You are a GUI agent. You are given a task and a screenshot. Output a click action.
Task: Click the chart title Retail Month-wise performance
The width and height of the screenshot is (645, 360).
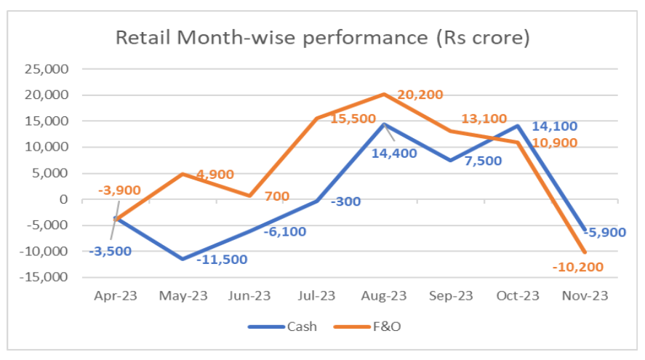(x=322, y=37)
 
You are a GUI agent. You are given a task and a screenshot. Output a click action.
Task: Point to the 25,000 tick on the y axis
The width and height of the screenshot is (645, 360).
(x=47, y=69)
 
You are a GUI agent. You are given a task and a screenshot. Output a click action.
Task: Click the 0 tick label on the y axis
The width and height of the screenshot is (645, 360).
(x=63, y=199)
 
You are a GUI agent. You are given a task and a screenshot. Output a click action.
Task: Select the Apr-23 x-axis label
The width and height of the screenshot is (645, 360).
(x=115, y=296)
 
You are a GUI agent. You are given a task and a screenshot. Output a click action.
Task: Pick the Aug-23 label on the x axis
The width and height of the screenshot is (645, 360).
(x=384, y=296)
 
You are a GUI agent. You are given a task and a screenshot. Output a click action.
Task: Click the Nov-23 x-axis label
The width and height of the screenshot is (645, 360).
(x=585, y=296)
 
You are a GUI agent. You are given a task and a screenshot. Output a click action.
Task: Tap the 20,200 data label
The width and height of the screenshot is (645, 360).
(x=420, y=95)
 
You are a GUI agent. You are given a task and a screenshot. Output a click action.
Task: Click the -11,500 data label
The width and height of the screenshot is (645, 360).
(x=222, y=260)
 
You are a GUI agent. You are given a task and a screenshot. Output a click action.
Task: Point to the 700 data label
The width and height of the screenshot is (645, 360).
(x=277, y=196)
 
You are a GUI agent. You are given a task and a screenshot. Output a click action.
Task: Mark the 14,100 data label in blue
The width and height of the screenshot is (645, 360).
(x=554, y=127)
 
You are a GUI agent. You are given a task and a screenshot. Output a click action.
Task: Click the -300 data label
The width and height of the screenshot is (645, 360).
(x=348, y=201)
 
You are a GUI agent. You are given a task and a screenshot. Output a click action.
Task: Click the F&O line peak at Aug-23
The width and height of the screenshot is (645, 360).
(x=384, y=94)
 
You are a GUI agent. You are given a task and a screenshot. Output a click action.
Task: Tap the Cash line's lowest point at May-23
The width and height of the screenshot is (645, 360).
(x=183, y=259)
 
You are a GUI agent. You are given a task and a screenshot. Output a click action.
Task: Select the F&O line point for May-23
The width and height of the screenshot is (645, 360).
(x=183, y=174)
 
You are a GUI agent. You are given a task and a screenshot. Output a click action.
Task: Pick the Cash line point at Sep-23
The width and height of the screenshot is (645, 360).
(x=452, y=160)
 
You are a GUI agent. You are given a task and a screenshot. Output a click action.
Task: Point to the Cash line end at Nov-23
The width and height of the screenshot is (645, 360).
(x=585, y=230)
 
